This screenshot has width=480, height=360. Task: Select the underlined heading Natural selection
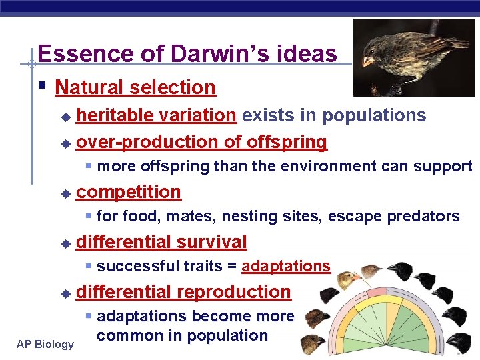[x=135, y=87]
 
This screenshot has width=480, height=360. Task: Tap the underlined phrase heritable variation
[x=156, y=115]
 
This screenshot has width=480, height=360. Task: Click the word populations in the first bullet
[x=374, y=115]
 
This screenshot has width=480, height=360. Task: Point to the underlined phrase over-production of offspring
[x=201, y=142]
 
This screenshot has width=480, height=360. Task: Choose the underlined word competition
[x=129, y=192]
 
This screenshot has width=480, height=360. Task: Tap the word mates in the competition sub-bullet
[x=190, y=216]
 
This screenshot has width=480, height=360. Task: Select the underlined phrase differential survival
[x=161, y=242]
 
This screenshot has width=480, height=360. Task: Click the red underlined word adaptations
[x=285, y=267]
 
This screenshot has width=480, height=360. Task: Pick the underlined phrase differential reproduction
[x=183, y=292]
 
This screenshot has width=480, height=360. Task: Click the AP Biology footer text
[x=46, y=344]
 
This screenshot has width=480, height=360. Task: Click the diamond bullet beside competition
[x=65, y=193]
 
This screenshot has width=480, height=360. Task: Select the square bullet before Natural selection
[x=42, y=86]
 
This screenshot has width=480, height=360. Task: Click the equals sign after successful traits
[x=231, y=267]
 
